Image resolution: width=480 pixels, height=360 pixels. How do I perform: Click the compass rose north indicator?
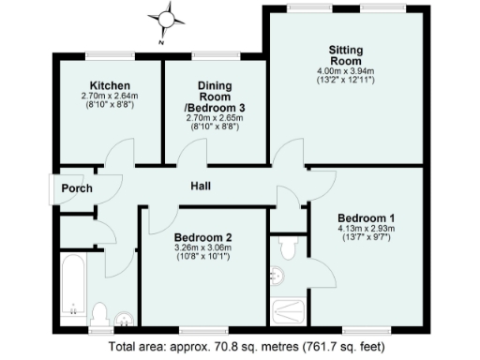tap(166, 17)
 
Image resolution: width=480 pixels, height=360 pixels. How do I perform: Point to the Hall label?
tap(201, 187)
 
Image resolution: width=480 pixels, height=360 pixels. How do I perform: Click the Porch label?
tap(77, 188)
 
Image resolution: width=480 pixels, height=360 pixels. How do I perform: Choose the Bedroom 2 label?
tap(202, 236)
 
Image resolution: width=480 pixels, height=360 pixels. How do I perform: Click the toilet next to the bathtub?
tap(101, 311)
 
